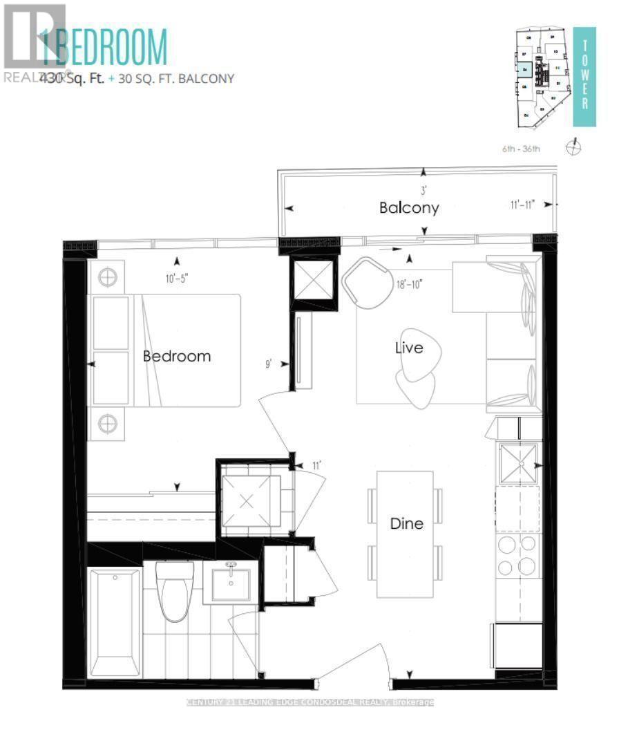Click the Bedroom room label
point(176,357)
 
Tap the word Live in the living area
point(409,348)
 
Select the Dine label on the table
point(406,523)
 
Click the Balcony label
point(409,207)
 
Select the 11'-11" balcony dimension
point(522,205)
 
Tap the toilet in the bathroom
point(171,592)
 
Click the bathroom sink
point(230,583)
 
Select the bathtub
point(115,623)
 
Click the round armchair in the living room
point(365,281)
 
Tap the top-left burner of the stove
point(506,544)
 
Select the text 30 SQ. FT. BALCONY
point(175,79)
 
